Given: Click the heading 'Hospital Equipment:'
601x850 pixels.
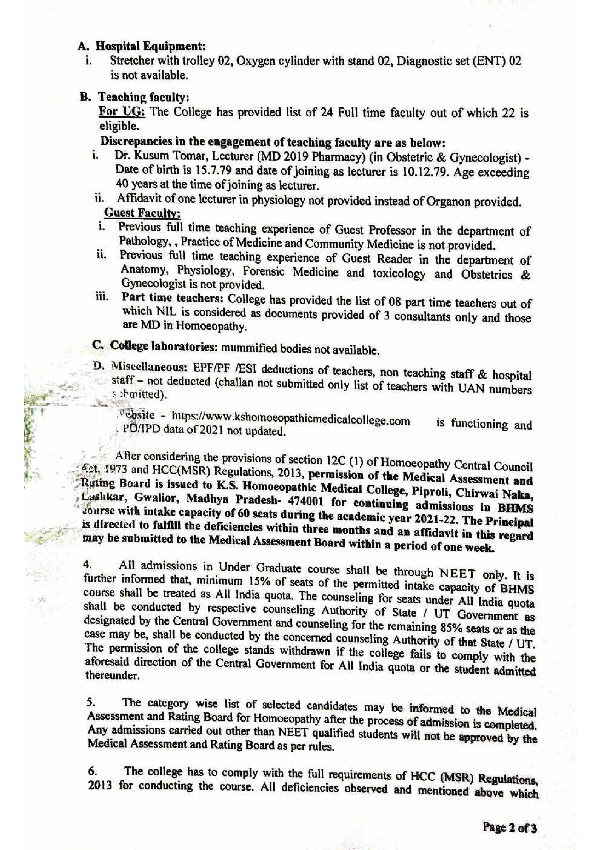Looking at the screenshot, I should point(150,47).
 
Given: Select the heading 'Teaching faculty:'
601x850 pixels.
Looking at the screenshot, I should point(144,98).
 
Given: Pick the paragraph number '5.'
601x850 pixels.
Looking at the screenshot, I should point(89,702).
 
